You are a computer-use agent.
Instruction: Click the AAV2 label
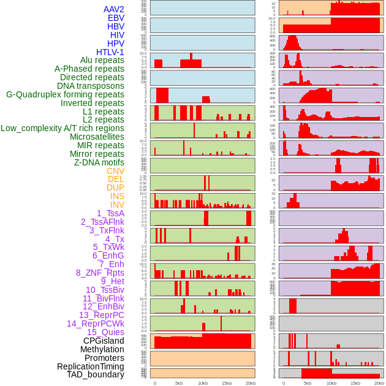point(114,9)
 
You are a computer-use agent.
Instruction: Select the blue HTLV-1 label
point(110,52)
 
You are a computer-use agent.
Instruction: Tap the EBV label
point(116,18)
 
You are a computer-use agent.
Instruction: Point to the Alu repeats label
point(102,60)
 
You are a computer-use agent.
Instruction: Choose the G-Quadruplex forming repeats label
point(65,94)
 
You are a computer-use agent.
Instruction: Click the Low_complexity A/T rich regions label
point(62,128)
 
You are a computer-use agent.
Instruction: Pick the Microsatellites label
point(97,137)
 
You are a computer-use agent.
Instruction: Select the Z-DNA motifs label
point(99,162)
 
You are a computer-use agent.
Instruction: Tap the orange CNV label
point(115,171)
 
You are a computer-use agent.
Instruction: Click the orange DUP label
point(115,187)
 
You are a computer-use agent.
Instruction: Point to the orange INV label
point(117,205)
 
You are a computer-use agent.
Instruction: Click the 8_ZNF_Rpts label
point(100,273)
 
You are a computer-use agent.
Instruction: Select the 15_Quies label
point(105,332)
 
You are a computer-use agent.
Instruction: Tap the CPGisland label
point(104,341)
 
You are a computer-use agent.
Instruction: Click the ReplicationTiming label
point(90,366)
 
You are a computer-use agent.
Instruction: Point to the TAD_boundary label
point(96,374)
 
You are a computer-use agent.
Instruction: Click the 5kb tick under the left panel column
point(179,383)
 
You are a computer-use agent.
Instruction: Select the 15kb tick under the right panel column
point(355,383)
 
